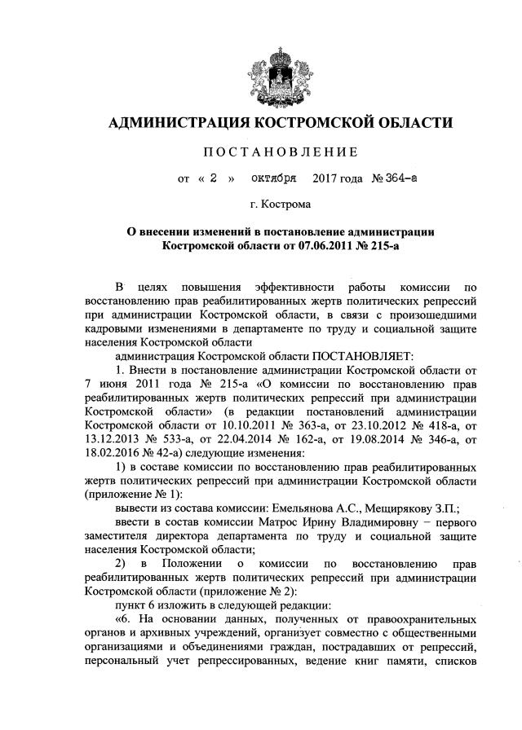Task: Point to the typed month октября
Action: coord(273,175)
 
